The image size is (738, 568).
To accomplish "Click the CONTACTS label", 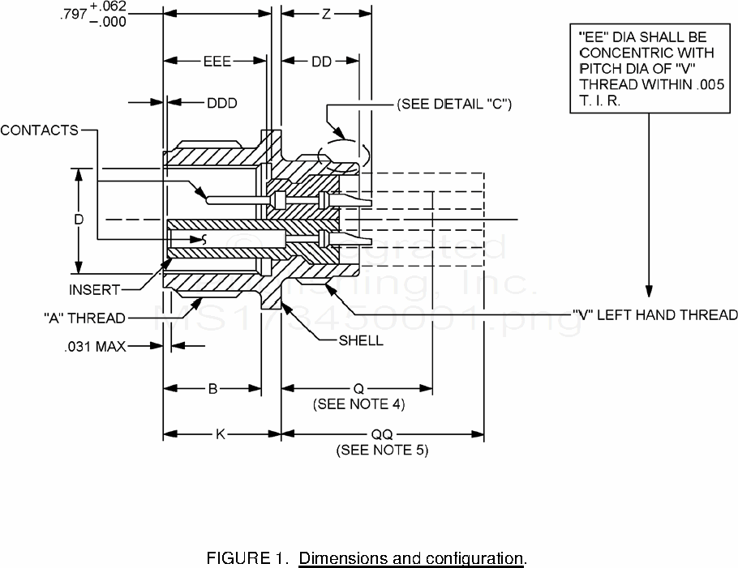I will point(39,130).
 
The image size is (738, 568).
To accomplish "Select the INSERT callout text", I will point(94,289).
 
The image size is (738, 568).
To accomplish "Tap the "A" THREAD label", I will point(84,318).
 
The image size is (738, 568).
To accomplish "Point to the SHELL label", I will point(361,340).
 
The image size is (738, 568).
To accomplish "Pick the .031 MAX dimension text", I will point(95,346).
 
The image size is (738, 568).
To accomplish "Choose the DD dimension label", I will point(322,62).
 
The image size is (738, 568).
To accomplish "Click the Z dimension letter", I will point(326,15).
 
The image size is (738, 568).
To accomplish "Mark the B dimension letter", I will point(212,388).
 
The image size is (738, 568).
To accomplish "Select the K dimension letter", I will point(220,434).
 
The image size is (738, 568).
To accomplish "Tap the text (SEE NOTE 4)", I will point(358,404).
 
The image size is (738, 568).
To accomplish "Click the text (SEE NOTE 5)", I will point(382,450).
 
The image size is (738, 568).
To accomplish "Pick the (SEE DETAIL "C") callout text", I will point(453,105).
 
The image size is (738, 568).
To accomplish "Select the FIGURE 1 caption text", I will point(367,558).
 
